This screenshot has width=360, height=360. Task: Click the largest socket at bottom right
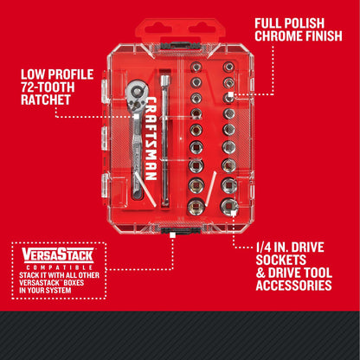click(x=229, y=206)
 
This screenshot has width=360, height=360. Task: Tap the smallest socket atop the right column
click(x=228, y=67)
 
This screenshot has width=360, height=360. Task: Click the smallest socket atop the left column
click(x=196, y=67)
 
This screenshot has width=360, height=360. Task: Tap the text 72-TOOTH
click(x=46, y=87)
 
